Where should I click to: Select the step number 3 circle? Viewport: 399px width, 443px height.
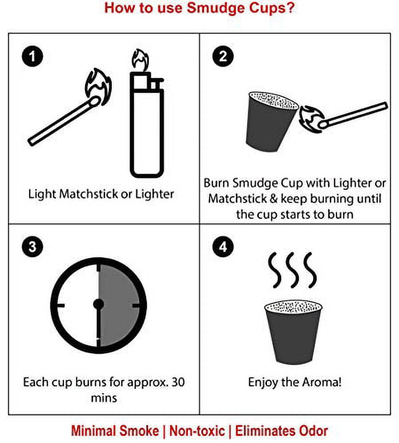(32, 246)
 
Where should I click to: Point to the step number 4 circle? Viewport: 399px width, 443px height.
(223, 246)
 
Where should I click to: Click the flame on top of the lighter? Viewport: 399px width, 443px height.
(140, 60)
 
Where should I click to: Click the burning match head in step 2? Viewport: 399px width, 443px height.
(323, 124)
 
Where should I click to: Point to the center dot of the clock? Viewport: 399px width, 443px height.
(98, 304)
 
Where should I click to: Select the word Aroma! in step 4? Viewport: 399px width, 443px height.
(321, 382)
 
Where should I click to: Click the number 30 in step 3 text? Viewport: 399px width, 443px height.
(178, 382)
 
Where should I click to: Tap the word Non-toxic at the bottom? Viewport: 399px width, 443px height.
(197, 431)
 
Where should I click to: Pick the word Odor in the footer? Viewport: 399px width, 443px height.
(313, 431)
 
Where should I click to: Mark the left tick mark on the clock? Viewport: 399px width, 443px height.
(61, 305)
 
